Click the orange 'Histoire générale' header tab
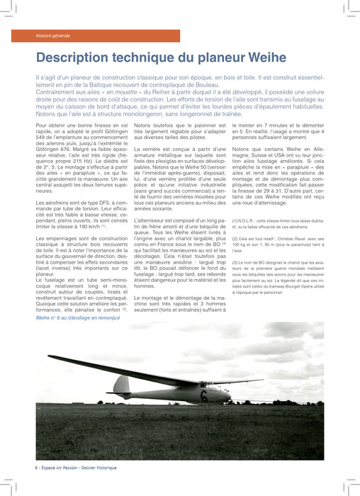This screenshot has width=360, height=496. [53, 35]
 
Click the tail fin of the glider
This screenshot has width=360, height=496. [122, 385]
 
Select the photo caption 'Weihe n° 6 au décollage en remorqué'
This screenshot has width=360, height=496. [80, 318]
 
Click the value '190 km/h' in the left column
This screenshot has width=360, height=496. [86, 226]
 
